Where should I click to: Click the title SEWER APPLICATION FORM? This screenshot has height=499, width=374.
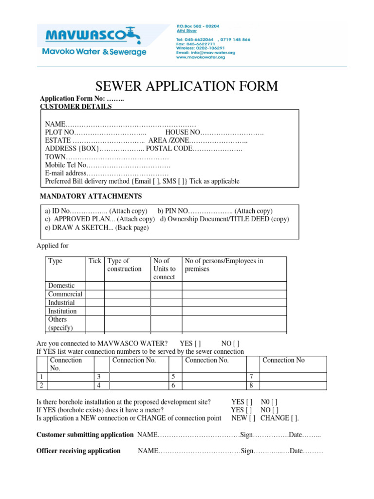187,86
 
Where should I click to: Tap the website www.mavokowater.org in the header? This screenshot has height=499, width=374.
200,58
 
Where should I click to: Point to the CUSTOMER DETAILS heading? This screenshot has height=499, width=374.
75,106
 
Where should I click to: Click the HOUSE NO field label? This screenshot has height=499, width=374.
183,133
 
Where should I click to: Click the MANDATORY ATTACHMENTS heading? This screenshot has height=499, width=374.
91,196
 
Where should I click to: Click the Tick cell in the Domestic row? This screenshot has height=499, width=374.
95,286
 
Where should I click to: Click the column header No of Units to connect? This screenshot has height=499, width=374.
165,269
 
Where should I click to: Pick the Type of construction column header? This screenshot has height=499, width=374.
124,265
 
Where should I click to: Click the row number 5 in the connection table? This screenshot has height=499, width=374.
172,377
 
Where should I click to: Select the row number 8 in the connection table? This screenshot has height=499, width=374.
251,385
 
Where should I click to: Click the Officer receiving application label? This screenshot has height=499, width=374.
79,451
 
